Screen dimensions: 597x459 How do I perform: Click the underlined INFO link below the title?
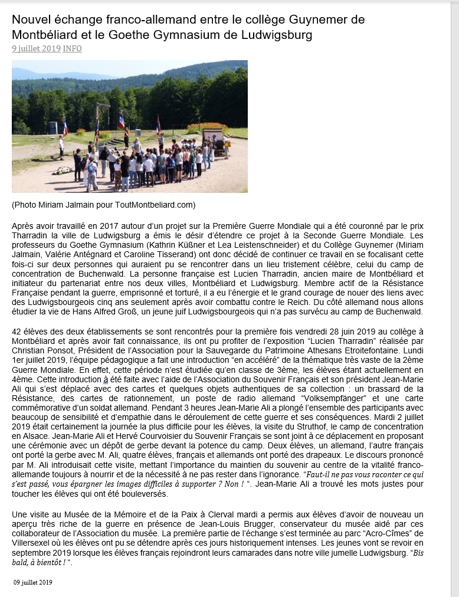click(x=72, y=48)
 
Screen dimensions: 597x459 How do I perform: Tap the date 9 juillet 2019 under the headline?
click(x=36, y=48)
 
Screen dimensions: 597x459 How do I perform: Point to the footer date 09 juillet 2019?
click(x=34, y=582)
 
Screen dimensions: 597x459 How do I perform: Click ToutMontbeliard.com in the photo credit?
click(x=156, y=205)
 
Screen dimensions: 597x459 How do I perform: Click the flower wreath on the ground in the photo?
click(x=63, y=171)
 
